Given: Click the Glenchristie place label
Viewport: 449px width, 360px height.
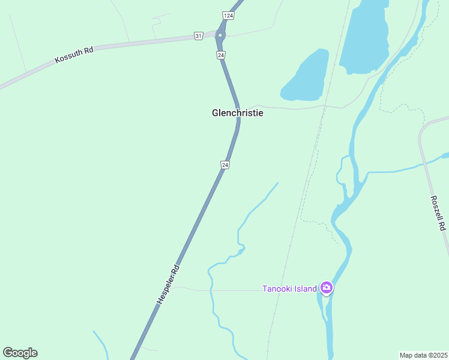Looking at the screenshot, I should tap(238, 112).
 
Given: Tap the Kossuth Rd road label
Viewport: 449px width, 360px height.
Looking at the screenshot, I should tap(74, 55).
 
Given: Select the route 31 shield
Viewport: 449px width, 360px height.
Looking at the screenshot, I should tap(199, 36).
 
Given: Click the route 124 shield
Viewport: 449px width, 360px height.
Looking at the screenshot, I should tap(227, 15).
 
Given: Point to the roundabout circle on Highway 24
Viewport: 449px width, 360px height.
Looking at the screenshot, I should tap(220, 35).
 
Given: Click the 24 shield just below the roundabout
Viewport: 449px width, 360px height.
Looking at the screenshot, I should tap(221, 55).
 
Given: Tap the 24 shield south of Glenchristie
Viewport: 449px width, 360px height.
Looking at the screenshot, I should tap(224, 164).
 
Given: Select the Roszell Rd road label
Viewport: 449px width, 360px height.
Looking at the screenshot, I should tap(439, 213).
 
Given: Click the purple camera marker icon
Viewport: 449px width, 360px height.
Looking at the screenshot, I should tap(327, 288).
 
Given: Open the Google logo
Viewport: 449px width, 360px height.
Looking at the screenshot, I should tap(20, 353).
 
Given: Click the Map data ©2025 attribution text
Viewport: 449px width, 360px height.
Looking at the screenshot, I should tap(424, 355).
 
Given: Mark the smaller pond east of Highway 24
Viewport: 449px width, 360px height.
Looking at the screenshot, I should tap(306, 76).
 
